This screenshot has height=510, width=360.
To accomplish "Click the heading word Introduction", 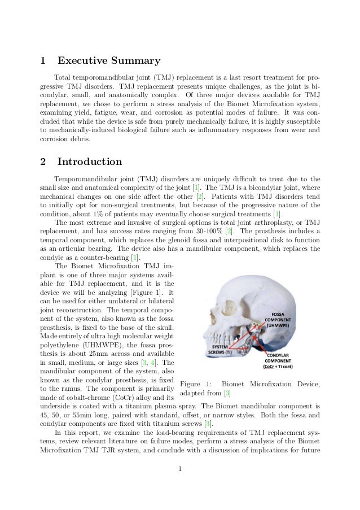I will (x=90, y=162).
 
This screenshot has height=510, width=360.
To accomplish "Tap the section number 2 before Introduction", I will (x=43, y=162).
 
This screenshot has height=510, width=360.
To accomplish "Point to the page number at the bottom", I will (x=179, y=482).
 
